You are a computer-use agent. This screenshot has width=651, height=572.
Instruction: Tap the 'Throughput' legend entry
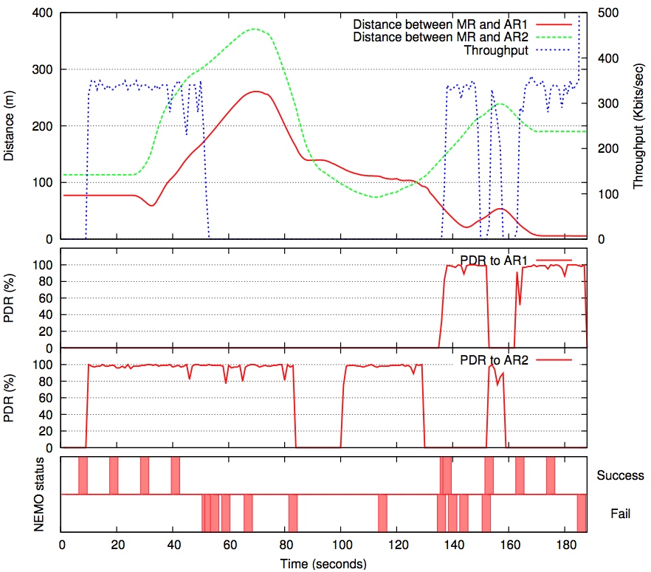pyautogui.click(x=496, y=50)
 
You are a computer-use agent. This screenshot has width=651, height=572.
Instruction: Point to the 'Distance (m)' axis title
pyautogui.click(x=10, y=126)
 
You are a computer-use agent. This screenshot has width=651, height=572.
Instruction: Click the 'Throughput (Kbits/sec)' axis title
pyautogui.click(x=640, y=126)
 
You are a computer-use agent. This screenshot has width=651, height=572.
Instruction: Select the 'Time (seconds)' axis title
pyautogui.click(x=323, y=565)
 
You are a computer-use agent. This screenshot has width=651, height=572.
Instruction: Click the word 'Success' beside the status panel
pyautogui.click(x=620, y=476)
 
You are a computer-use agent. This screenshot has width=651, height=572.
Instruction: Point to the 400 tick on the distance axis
pyautogui.click(x=45, y=13)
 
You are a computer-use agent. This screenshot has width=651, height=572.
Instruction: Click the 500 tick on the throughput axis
pyautogui.click(x=603, y=13)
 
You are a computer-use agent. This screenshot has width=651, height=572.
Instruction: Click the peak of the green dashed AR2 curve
pyautogui.click(x=255, y=30)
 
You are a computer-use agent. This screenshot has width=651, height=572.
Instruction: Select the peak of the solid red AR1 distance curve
pyautogui.click(x=255, y=92)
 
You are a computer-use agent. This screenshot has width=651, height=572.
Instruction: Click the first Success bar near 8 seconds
pyautogui.click(x=83, y=476)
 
